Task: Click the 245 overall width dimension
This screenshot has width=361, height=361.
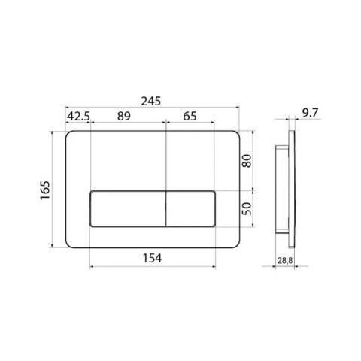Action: point(150,102)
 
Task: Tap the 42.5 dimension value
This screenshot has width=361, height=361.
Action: point(79,116)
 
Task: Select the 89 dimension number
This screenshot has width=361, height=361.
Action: point(124,116)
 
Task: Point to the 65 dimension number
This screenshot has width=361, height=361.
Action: point(190,116)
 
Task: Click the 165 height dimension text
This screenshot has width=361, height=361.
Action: point(45,190)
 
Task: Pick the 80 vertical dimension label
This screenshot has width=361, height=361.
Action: point(247,161)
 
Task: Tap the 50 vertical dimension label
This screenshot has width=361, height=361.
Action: point(247,208)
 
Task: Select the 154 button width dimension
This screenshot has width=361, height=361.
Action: point(153,258)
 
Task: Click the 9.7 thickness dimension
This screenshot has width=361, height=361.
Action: point(310,113)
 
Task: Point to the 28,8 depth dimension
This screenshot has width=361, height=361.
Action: point(285,261)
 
